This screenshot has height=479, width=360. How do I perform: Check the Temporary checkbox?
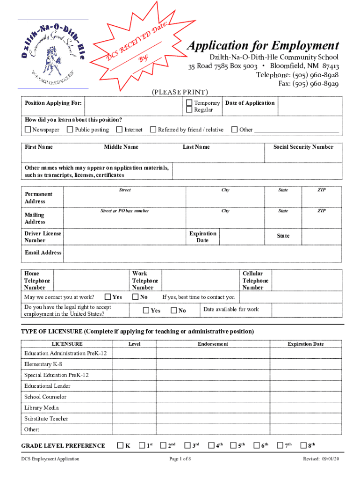pos(189,103)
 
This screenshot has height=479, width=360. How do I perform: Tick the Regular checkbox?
pos(189,110)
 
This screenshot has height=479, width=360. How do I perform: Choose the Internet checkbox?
pos(120,130)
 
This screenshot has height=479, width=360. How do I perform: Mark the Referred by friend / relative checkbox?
pos(153,130)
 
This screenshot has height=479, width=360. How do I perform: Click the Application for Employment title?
pos(263,46)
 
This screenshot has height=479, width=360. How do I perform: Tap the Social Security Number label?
pos(303,147)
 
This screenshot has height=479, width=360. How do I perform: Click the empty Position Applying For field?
pos(134,106)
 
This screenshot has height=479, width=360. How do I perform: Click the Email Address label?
pos(43,253)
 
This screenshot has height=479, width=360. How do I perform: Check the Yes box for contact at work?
pos(108,297)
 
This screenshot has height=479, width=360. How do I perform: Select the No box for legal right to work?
pos(174,310)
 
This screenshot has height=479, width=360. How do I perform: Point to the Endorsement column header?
pos(213,344)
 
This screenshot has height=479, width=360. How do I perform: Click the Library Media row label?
pos(42,408)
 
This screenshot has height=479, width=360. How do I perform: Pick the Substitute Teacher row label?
pos(46,419)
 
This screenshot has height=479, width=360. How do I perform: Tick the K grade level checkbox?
pos(120,445)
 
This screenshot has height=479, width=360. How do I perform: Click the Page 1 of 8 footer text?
pos(180,472)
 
